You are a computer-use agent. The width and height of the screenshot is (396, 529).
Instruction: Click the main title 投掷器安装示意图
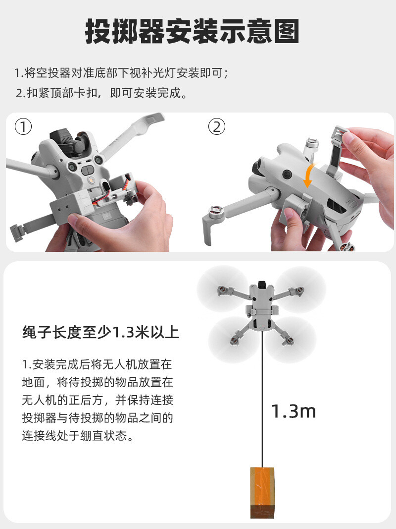[x=192, y=31]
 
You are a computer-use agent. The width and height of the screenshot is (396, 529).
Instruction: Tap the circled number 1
[x=23, y=127]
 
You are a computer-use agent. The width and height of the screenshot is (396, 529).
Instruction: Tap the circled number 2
[x=216, y=127]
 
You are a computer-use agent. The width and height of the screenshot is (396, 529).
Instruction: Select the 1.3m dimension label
[x=294, y=411]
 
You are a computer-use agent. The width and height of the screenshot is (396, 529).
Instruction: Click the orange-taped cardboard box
[x=262, y=492]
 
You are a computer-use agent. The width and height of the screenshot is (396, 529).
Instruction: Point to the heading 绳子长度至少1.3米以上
[x=100, y=332]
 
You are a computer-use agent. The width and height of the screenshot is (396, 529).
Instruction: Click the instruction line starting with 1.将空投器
[x=121, y=73]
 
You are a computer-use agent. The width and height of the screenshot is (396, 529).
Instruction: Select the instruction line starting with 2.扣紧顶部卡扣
[x=101, y=93]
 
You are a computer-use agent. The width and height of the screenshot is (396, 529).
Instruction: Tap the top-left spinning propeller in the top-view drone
[x=222, y=289]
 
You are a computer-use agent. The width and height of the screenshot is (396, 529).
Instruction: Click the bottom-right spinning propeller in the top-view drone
[x=290, y=340]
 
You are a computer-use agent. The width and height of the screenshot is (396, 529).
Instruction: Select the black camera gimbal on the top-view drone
[x=262, y=285]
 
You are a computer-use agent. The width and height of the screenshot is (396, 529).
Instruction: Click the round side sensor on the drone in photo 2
[x=287, y=174]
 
